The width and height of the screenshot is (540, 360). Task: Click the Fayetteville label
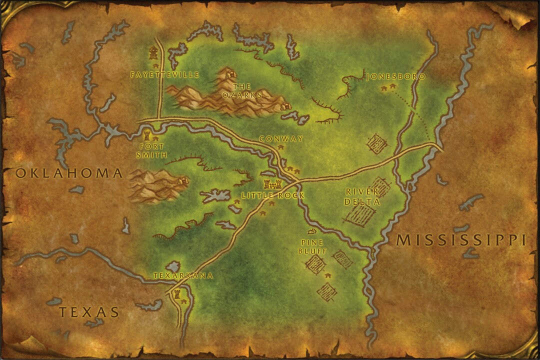[164, 75]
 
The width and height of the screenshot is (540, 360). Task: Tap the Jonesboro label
[395, 77]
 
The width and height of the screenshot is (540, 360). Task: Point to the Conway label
[281, 139]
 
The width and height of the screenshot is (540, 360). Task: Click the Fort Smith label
[150, 150]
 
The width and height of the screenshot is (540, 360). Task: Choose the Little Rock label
[272, 195]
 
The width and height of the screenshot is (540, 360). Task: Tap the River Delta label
[363, 196]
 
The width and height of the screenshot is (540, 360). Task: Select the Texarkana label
[183, 275]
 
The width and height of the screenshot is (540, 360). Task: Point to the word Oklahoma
[69, 173]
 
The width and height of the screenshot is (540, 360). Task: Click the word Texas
[89, 312]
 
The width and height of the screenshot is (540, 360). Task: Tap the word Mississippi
[460, 240]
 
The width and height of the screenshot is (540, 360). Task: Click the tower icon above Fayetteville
[153, 52]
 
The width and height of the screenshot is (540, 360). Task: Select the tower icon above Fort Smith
[147, 134]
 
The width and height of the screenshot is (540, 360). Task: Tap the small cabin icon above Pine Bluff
[312, 231]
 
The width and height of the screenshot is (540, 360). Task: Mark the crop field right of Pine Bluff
[343, 258]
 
